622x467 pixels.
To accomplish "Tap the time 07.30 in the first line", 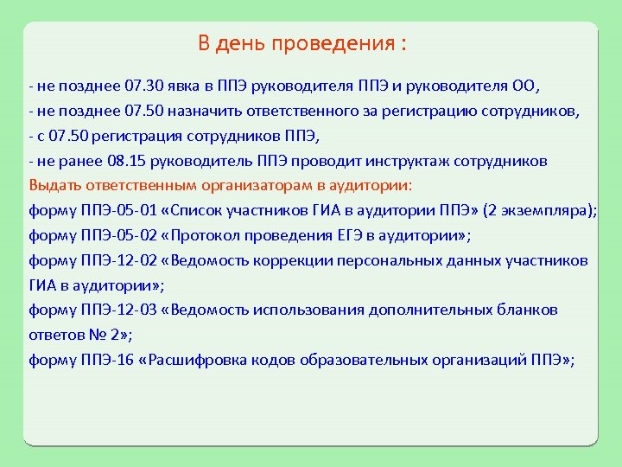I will point(143,87).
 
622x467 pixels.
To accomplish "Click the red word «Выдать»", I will point(52,185).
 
